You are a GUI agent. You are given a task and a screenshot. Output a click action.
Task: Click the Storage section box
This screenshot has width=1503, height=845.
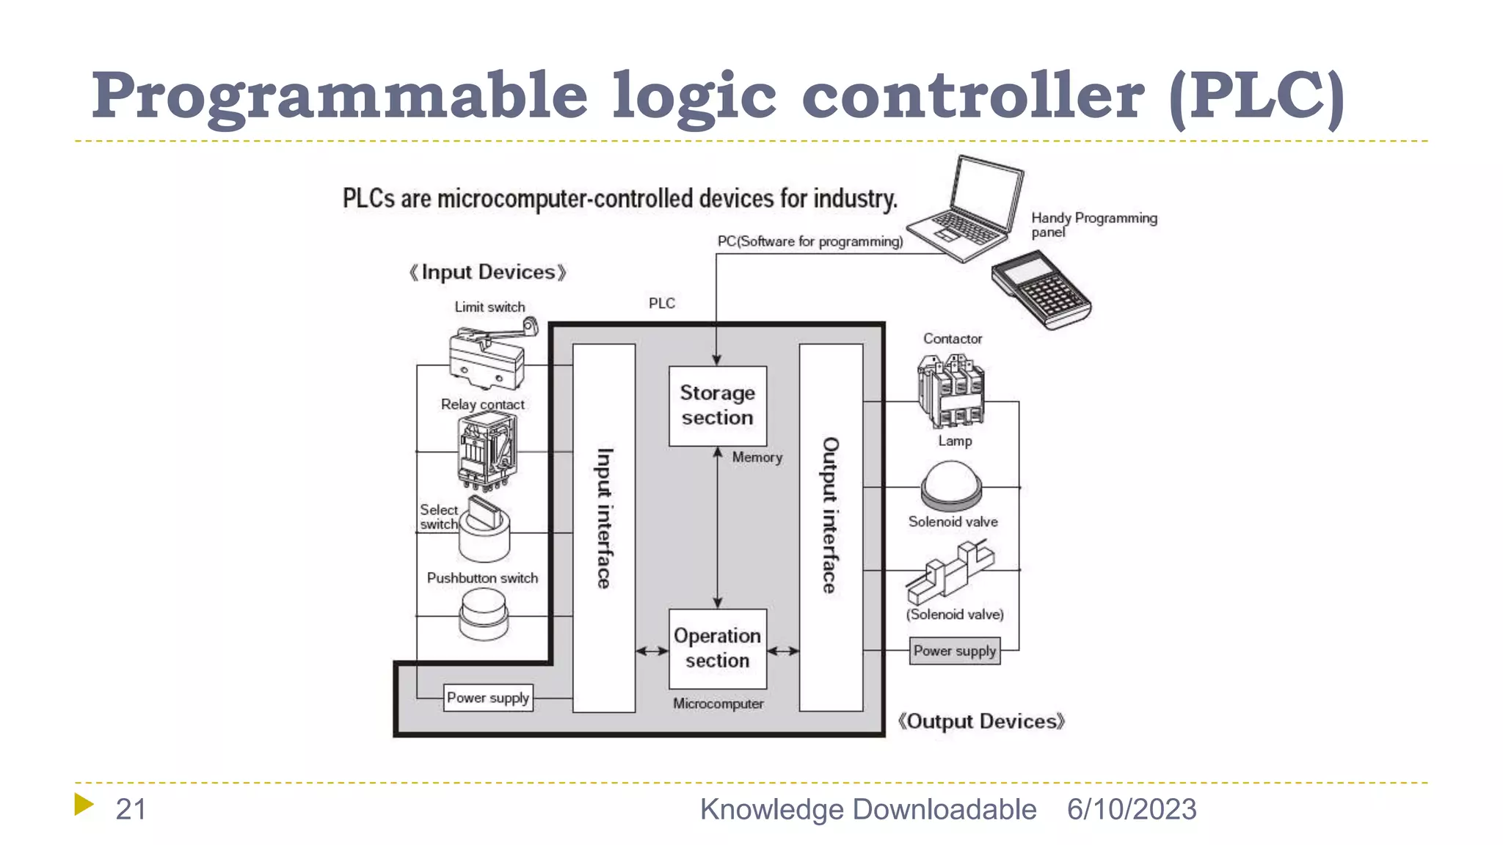click(x=717, y=406)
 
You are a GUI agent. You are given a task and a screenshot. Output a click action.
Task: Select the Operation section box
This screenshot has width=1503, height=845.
click(x=717, y=648)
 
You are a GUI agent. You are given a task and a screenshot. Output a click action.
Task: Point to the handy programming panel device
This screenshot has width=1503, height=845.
click(x=1041, y=290)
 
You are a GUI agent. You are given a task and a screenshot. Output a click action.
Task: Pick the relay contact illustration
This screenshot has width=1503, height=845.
click(x=487, y=450)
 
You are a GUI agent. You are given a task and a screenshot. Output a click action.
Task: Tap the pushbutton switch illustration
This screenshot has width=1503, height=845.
click(x=483, y=614)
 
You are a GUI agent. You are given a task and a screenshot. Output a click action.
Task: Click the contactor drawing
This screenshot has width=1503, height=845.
click(x=951, y=390)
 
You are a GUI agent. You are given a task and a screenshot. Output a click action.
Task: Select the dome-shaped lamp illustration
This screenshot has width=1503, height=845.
click(x=952, y=485)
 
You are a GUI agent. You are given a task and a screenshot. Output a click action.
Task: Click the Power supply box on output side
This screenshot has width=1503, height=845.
click(x=954, y=651)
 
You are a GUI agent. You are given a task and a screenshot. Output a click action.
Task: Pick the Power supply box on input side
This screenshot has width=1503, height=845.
click(x=488, y=698)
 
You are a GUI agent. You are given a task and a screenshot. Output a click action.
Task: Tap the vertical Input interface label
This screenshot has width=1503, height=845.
click(x=603, y=519)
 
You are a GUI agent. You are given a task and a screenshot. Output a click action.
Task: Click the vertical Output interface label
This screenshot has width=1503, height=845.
click(x=830, y=516)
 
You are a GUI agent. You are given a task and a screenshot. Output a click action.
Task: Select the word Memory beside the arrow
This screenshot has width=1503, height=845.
click(x=757, y=457)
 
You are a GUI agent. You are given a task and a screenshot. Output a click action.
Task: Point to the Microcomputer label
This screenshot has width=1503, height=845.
click(x=718, y=703)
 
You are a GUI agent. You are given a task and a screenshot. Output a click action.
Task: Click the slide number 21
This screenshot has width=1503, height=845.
click(x=131, y=809)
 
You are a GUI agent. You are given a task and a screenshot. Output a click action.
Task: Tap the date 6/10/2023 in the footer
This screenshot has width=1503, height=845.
click(x=1131, y=809)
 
